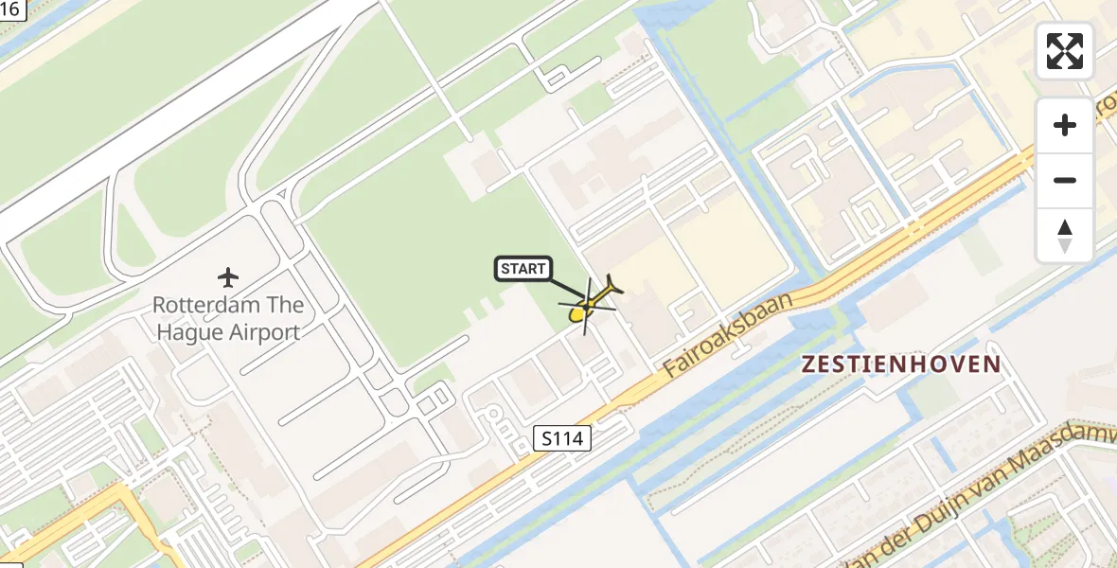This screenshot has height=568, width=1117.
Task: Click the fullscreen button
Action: (1065, 51)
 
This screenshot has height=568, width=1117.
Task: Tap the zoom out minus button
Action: (1065, 180)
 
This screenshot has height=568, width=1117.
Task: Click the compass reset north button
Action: (1065, 236)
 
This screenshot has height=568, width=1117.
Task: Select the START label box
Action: (523, 269)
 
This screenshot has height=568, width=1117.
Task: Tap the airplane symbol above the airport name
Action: (228, 277)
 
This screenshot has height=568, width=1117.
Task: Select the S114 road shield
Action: (562, 438)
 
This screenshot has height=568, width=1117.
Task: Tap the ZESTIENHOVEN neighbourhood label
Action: (900, 364)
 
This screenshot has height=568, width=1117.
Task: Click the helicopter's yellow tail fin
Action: (614, 284)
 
